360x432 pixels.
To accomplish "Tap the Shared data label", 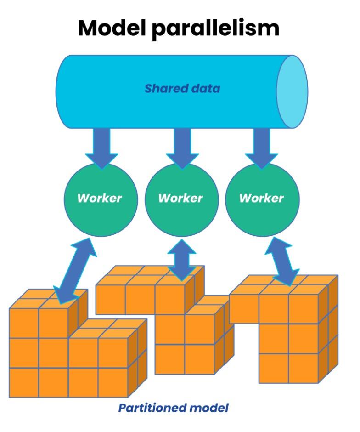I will click(182, 89).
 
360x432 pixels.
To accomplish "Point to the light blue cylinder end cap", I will click(292, 91).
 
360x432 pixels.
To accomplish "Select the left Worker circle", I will click(100, 199).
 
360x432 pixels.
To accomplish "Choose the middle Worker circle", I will click(180, 199).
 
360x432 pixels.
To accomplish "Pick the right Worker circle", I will click(262, 199).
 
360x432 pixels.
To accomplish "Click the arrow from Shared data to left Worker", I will click(101, 147).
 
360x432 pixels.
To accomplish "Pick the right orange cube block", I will click(289, 331).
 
